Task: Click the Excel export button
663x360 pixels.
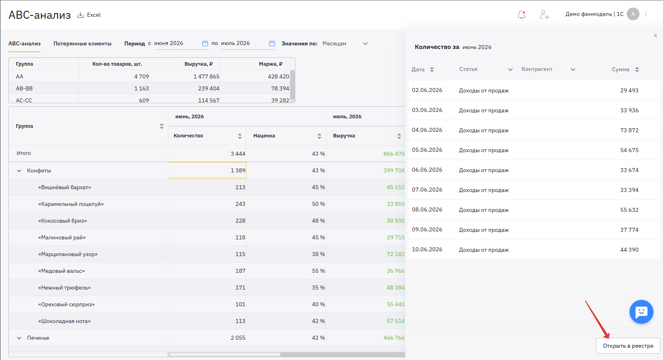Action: click(89, 15)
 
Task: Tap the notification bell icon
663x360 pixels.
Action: click(522, 14)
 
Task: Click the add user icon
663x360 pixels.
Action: click(544, 14)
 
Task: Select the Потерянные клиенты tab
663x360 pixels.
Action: click(82, 43)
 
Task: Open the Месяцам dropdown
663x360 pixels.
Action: click(345, 43)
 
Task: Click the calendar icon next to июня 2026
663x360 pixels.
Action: click(205, 43)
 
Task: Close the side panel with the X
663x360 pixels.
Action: click(655, 35)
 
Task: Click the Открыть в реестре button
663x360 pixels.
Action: click(628, 346)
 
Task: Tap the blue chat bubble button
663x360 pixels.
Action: click(641, 312)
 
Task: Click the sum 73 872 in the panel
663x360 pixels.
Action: click(629, 130)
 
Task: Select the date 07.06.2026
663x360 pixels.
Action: click(427, 190)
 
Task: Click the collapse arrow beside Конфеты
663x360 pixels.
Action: click(19, 171)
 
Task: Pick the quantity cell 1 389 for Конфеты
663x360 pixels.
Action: click(207, 170)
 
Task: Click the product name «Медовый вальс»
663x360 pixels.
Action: click(61, 271)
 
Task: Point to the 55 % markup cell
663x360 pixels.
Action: click(318, 271)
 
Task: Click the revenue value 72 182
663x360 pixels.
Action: click(395, 254)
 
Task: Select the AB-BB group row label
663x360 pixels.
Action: click(24, 88)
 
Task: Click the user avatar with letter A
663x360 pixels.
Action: click(633, 14)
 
